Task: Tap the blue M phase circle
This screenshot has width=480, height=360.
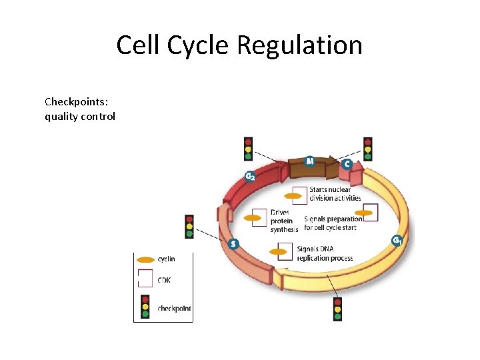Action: pyautogui.click(x=310, y=161)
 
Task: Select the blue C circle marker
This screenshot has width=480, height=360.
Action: pyautogui.click(x=347, y=164)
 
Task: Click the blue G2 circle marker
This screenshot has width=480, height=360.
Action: pyautogui.click(x=249, y=176)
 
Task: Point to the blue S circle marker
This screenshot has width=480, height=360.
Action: pyautogui.click(x=233, y=244)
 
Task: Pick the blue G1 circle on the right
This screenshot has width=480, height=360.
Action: pyautogui.click(x=397, y=240)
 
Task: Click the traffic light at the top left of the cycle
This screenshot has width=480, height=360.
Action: pyautogui.click(x=248, y=149)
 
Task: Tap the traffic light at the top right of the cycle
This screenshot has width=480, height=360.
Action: pyautogui.click(x=367, y=149)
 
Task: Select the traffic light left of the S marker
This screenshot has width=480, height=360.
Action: pyautogui.click(x=189, y=227)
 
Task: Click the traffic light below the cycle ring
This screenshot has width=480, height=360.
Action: pyautogui.click(x=337, y=309)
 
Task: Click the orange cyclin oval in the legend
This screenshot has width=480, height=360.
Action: pyautogui.click(x=145, y=259)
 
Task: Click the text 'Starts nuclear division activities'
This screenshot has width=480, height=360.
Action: pyautogui.click(x=335, y=194)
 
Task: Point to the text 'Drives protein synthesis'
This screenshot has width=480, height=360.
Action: pyautogui.click(x=284, y=221)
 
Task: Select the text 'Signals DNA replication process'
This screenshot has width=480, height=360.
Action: pyautogui.click(x=325, y=254)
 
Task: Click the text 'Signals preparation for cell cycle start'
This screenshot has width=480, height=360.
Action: pyautogui.click(x=332, y=223)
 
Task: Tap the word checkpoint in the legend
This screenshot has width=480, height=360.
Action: pyautogui.click(x=174, y=309)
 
